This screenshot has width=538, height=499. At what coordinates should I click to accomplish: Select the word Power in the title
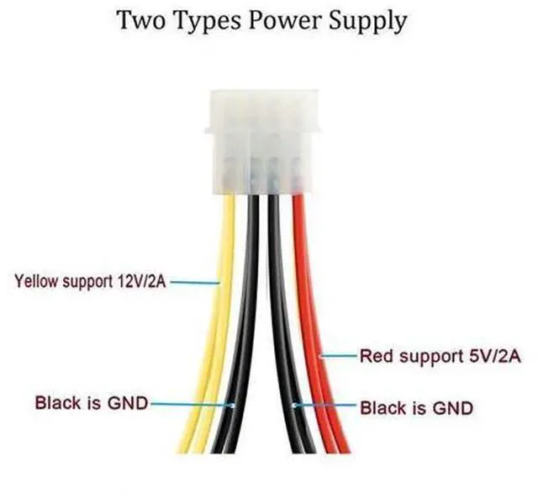[x=286, y=20]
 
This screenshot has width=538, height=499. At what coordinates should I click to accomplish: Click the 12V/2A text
[x=141, y=282]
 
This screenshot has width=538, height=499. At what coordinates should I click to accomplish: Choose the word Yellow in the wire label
[x=36, y=281]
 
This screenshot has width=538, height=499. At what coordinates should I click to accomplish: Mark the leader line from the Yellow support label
[x=195, y=283]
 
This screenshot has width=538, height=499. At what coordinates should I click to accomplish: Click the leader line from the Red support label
[x=338, y=356]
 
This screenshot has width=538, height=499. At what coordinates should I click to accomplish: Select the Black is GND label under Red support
[x=417, y=408]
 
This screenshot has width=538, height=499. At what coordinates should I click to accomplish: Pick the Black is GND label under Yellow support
[x=92, y=403]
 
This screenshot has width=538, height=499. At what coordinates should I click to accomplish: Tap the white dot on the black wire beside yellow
[x=233, y=406]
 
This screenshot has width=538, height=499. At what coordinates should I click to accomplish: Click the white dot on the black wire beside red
[x=294, y=406]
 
